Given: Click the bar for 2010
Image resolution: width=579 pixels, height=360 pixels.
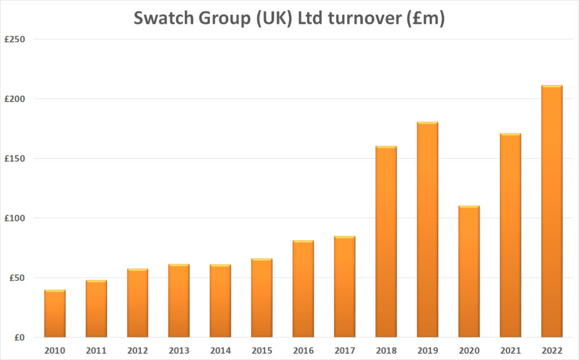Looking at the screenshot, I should (55, 314).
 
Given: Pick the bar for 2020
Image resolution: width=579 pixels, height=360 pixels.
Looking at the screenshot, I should (469, 271).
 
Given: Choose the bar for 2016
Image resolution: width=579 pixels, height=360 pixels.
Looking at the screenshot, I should (303, 289).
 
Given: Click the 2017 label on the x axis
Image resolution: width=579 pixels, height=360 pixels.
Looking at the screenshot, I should (344, 350).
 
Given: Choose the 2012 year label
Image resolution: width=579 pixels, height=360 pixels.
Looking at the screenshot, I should (137, 350).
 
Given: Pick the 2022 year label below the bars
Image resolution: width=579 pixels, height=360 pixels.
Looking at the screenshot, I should (551, 350).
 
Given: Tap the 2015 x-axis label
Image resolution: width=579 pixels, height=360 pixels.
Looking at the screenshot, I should (262, 350).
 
